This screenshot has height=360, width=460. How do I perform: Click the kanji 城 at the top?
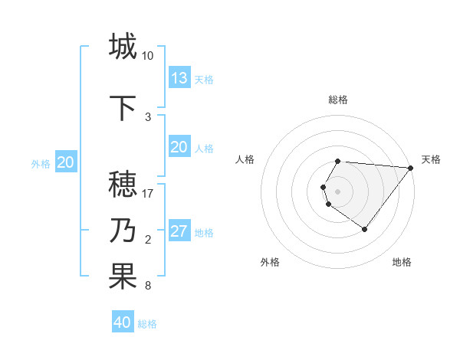click(x=123, y=47)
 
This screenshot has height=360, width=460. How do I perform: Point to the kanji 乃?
click(x=123, y=231)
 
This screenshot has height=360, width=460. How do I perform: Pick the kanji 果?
click(x=123, y=277)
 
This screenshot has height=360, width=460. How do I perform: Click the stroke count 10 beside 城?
click(x=148, y=56)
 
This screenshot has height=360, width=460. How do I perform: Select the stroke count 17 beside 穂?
click(x=148, y=194)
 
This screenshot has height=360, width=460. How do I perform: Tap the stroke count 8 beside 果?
click(x=148, y=286)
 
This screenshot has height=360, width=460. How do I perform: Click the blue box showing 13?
click(x=179, y=78)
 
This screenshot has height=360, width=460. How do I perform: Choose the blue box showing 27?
click(x=179, y=232)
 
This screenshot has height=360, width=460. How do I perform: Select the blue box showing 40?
click(x=123, y=322)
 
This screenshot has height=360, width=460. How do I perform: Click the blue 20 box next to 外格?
click(x=66, y=162)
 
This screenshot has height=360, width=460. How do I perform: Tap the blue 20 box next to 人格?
click(x=179, y=147)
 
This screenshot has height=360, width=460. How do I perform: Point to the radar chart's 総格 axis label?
click(x=338, y=100)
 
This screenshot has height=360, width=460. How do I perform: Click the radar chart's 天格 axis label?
click(x=431, y=159)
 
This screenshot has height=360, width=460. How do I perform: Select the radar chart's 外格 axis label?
click(x=270, y=262)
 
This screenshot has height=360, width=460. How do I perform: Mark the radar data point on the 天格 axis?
click(x=411, y=168)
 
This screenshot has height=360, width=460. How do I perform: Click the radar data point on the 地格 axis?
click(x=365, y=229)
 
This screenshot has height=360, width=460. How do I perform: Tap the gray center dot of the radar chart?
click(x=338, y=191)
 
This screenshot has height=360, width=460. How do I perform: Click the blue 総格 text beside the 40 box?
click(x=147, y=324)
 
